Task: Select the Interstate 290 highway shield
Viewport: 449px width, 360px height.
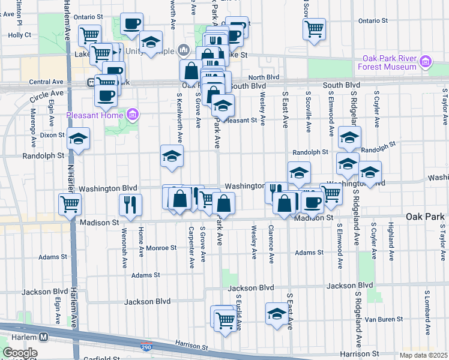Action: (146, 347)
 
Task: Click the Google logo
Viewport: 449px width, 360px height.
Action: (19, 353)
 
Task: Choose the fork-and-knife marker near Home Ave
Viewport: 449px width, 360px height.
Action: (130, 204)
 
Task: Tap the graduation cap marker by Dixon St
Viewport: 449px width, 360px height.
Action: (78, 139)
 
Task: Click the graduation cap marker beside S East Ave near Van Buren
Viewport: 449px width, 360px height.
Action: (277, 313)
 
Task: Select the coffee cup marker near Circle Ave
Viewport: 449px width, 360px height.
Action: (106, 95)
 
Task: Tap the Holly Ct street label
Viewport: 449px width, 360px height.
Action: (19, 35)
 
